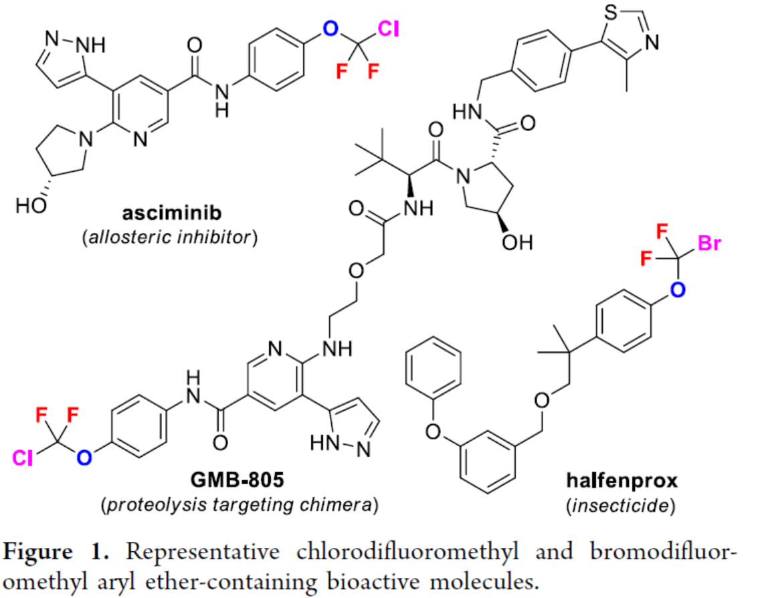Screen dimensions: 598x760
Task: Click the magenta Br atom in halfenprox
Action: coord(708,243)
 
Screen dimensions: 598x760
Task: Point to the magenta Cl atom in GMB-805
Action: coord(21,457)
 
